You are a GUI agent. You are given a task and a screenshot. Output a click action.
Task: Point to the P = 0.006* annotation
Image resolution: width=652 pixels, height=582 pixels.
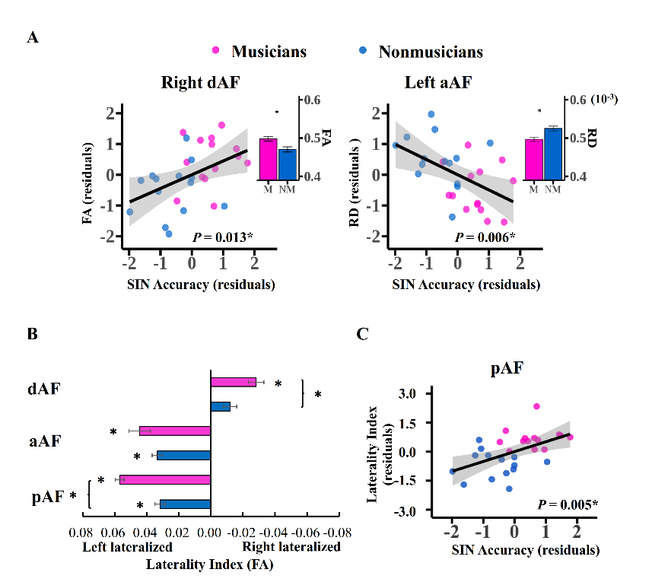click(x=485, y=237)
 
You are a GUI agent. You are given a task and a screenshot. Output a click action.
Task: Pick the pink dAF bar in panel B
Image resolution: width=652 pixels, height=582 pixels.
click(x=234, y=382)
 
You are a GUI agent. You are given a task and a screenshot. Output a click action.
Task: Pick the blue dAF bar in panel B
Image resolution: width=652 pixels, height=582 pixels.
click(x=221, y=407)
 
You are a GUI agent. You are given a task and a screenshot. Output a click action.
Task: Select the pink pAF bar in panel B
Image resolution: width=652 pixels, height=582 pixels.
click(x=165, y=480)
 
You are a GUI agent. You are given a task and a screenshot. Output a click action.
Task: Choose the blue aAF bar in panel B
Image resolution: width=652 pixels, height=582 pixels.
click(x=183, y=456)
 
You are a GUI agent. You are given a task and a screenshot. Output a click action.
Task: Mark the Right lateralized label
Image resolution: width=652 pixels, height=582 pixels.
click(x=291, y=546)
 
